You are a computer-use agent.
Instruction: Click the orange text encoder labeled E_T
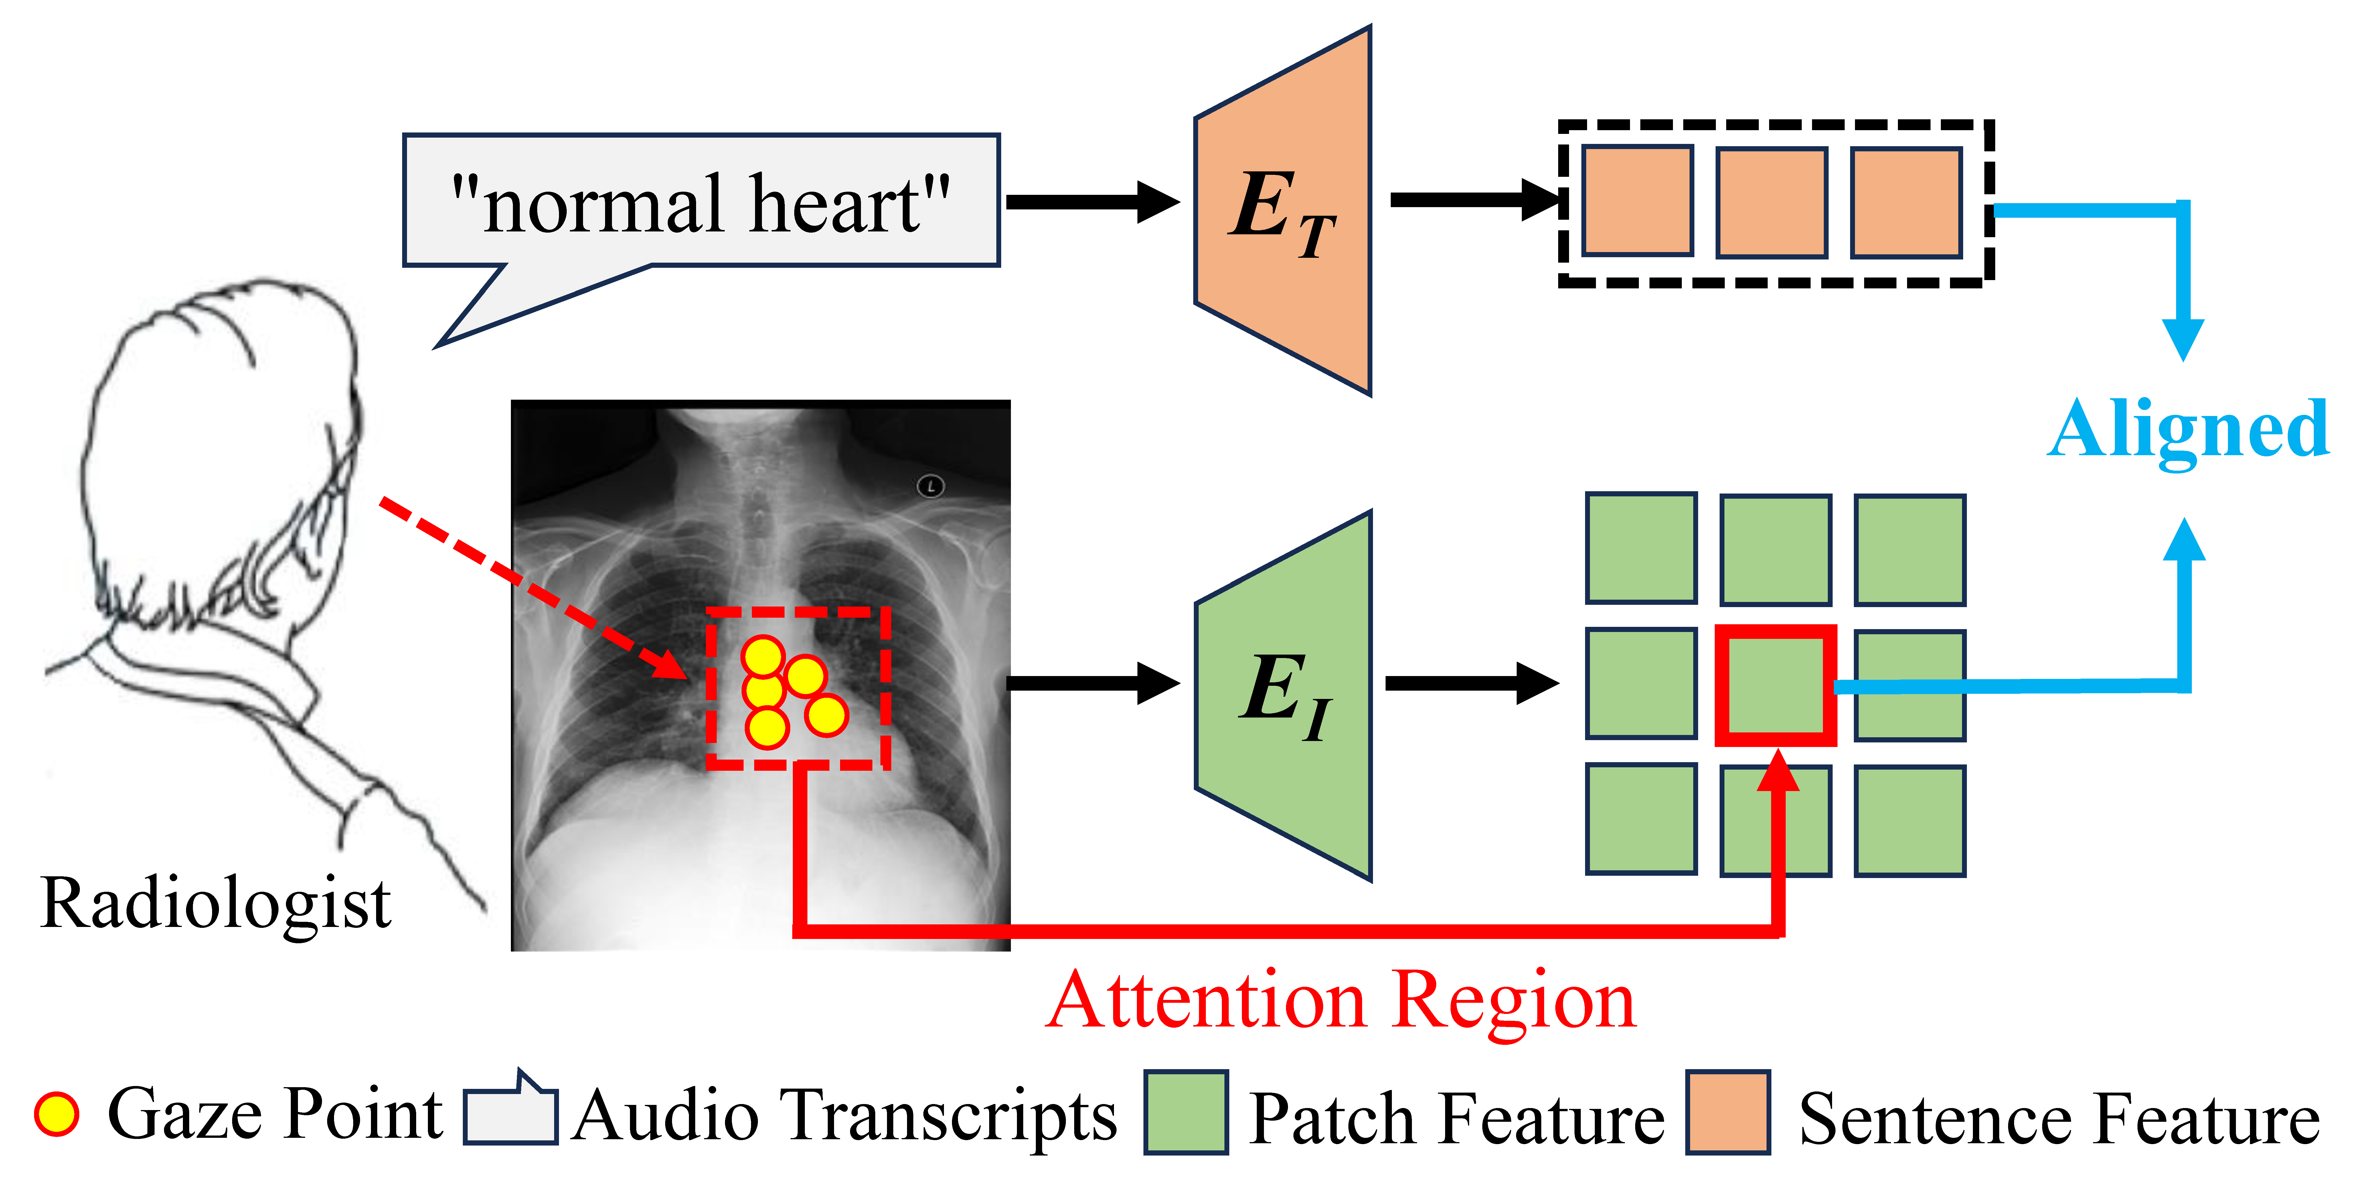pos(1282,211)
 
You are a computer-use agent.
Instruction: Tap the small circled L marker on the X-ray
pos(930,486)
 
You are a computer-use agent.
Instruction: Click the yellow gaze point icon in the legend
pos(57,1114)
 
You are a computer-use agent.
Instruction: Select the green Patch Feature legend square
pos(1186,1112)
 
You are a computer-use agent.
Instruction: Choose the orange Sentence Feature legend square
pos(1728,1112)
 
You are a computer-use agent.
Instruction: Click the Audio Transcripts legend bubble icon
pos(510,1112)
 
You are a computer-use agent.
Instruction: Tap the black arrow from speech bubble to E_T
pos(1090,201)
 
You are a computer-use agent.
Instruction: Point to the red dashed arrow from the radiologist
pos(531,586)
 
